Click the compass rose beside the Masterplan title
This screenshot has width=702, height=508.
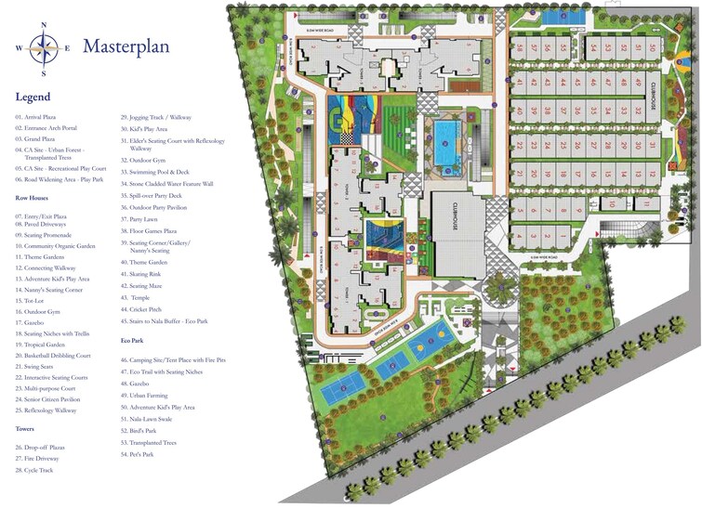click(43, 46)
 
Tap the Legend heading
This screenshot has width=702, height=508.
click(33, 97)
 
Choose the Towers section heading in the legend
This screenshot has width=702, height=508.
click(25, 429)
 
